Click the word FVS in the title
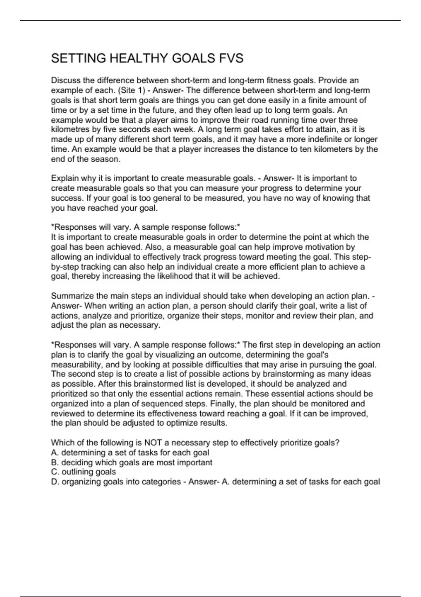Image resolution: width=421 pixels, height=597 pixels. click(x=231, y=58)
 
